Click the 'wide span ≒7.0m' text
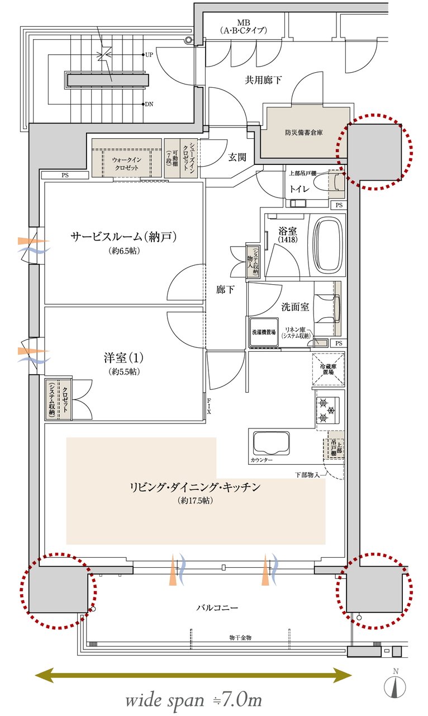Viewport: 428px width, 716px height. [193, 699]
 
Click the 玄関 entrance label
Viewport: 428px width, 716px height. [237, 157]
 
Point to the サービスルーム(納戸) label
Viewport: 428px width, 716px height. [124, 237]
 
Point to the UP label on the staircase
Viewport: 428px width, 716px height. [149, 55]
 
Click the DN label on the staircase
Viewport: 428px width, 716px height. [149, 104]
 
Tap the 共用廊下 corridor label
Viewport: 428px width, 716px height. [263, 80]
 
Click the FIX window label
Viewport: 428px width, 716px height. [209, 407]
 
